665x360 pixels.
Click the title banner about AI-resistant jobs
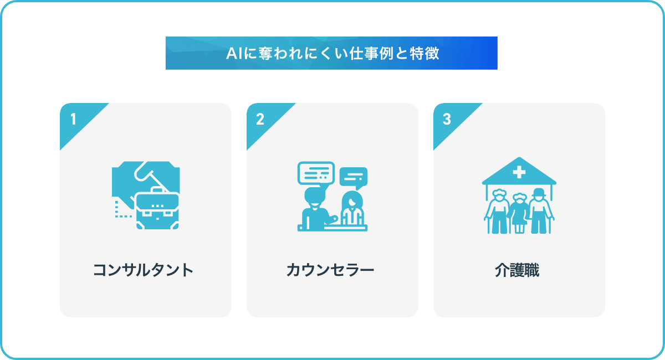coord(331,53)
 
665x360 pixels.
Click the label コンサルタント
coord(144,270)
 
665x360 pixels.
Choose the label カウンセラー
coord(330,270)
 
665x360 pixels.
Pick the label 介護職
coord(517,270)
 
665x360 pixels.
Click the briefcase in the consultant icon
coord(157,209)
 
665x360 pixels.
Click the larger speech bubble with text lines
coord(316,173)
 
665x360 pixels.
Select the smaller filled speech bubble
coord(354,178)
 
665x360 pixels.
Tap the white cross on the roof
coord(519,172)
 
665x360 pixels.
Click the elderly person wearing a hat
coord(540,210)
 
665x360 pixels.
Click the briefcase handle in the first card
coord(157,190)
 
